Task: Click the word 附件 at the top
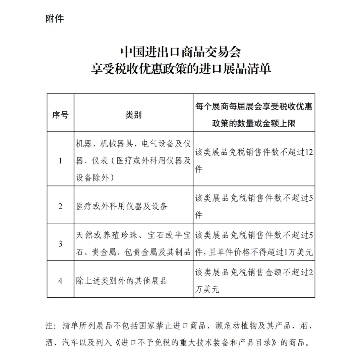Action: [x=55, y=19]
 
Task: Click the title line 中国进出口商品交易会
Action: [x=181, y=52]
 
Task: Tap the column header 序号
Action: [x=60, y=115]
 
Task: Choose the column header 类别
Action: [x=133, y=115]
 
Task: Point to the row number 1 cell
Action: [x=60, y=161]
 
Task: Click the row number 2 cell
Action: [x=60, y=206]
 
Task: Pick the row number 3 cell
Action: [x=60, y=244]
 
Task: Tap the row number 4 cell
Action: [x=60, y=281]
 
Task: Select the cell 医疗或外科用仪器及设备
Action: [x=122, y=206]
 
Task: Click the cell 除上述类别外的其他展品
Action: [x=121, y=281]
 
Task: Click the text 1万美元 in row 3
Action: [x=298, y=252]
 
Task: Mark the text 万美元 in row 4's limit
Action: [x=207, y=289]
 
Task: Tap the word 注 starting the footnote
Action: [x=49, y=326]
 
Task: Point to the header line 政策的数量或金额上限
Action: [x=254, y=124]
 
